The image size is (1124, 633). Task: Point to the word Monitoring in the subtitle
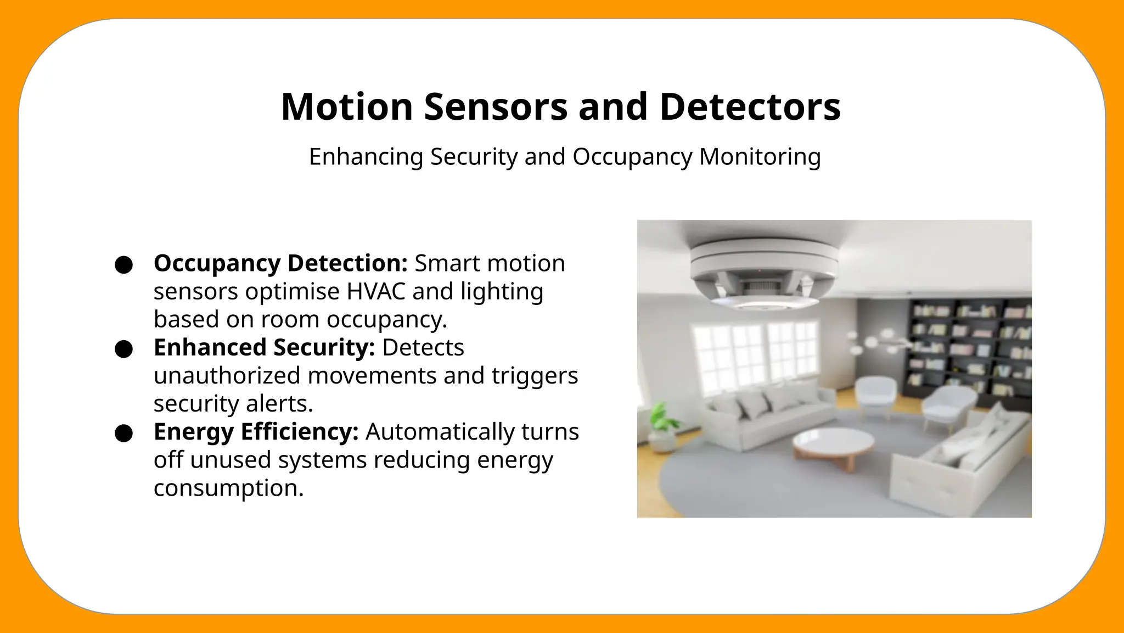point(760,157)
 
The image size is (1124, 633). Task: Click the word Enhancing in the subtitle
point(366,157)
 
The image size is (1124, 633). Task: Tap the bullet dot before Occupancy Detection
point(124,264)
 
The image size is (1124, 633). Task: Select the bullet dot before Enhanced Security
point(124,349)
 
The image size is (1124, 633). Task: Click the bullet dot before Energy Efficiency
point(124,433)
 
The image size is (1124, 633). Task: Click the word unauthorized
point(227,376)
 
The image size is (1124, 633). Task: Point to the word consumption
point(228,488)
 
